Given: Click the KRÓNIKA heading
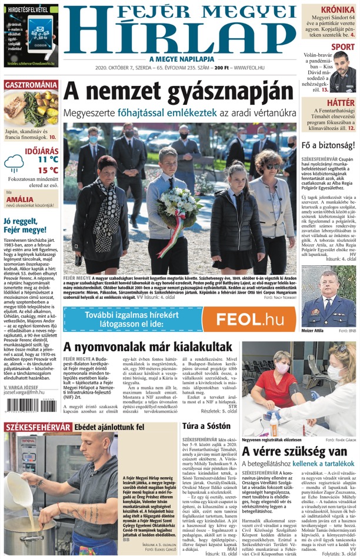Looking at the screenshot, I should (337, 10).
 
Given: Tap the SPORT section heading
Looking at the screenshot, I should (342, 47).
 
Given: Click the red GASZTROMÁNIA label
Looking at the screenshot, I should (31, 85).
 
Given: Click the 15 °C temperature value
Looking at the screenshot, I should (47, 171).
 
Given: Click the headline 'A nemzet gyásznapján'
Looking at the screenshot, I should (178, 91).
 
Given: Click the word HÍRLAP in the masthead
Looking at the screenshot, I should (179, 35).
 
